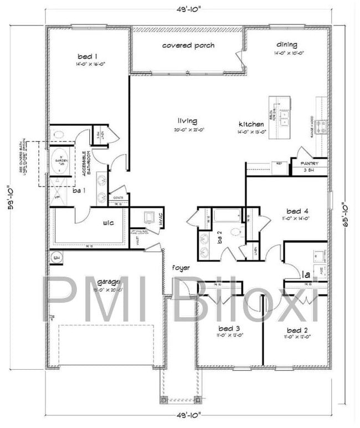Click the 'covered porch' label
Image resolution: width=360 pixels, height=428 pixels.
pyautogui.click(x=188, y=45)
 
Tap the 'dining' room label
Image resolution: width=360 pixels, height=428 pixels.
pyautogui.click(x=287, y=45)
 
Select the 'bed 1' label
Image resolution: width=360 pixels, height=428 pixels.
pyautogui.click(x=88, y=56)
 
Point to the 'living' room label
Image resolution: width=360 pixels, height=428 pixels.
pyautogui.click(x=187, y=121)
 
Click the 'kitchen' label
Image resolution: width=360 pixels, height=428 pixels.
pyautogui.click(x=251, y=124)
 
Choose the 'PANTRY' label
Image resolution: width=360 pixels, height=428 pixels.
pyautogui.click(x=309, y=164)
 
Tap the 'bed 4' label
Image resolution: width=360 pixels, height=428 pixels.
pyautogui.click(x=298, y=211)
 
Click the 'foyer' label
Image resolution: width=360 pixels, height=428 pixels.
pyautogui.click(x=181, y=268)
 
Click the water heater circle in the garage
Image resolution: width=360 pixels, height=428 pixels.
pyautogui.click(x=56, y=258)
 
